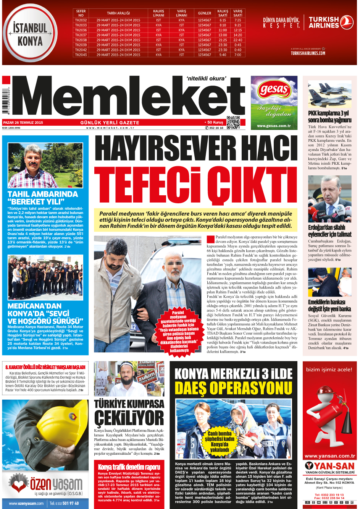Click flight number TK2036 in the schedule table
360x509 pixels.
(x=81, y=30)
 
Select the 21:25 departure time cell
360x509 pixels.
(x=223, y=40)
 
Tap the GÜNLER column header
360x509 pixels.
(x=204, y=13)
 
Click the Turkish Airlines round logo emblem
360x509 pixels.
(x=347, y=22)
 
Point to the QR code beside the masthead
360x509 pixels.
(x=233, y=122)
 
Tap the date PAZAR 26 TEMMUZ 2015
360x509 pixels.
(x=23, y=123)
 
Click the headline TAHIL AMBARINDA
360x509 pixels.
(x=43, y=194)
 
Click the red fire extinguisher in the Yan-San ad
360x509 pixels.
(x=329, y=417)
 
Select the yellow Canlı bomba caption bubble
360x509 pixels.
(x=220, y=441)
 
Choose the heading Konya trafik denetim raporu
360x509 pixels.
(x=129, y=467)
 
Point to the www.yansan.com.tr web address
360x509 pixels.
(x=329, y=456)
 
